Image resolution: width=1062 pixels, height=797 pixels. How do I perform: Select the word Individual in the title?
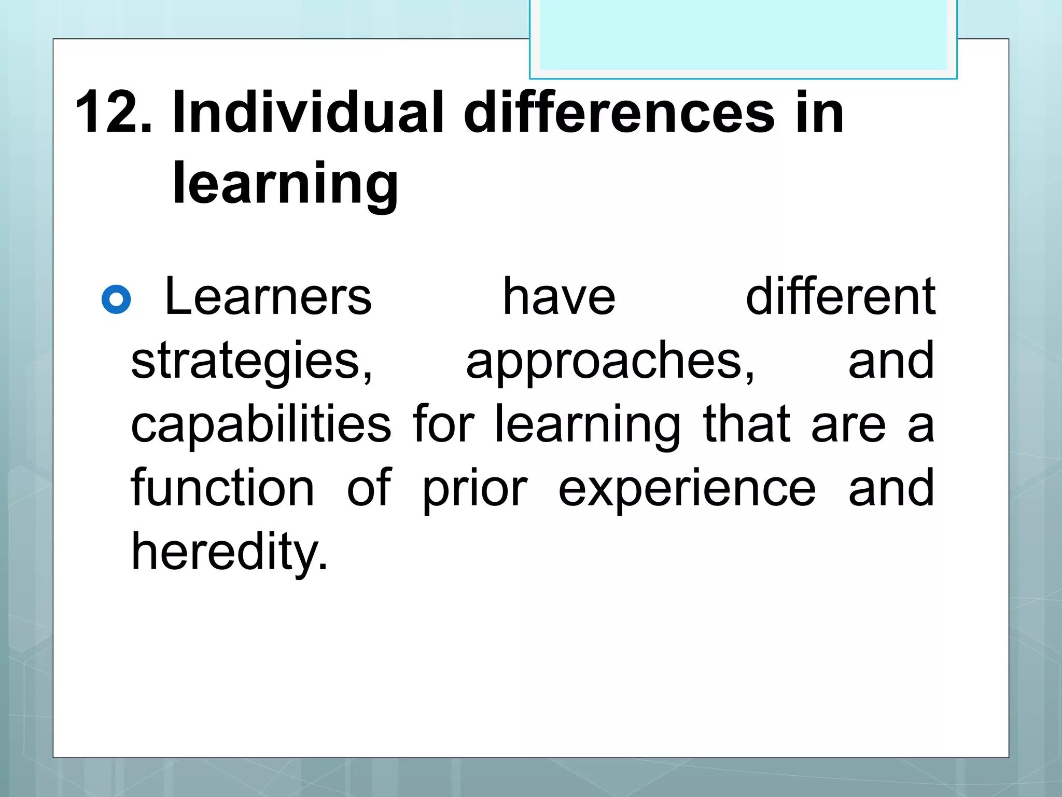(x=308, y=112)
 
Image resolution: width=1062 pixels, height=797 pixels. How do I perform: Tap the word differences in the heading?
(x=619, y=112)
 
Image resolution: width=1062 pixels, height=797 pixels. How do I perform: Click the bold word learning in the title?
(x=285, y=184)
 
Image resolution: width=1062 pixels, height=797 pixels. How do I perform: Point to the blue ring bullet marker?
(x=116, y=299)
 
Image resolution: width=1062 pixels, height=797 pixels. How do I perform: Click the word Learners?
(x=268, y=296)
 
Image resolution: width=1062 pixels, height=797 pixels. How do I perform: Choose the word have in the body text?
(x=559, y=296)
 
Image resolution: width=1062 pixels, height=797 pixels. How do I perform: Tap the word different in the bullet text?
(x=840, y=296)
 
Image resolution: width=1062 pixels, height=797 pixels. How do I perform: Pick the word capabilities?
(x=261, y=424)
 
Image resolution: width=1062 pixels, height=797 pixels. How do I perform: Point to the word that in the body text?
(x=746, y=424)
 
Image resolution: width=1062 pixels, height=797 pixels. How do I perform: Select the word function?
(x=222, y=488)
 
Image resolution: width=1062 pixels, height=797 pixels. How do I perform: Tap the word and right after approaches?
(x=891, y=361)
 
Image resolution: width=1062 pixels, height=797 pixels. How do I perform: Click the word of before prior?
(x=369, y=488)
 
